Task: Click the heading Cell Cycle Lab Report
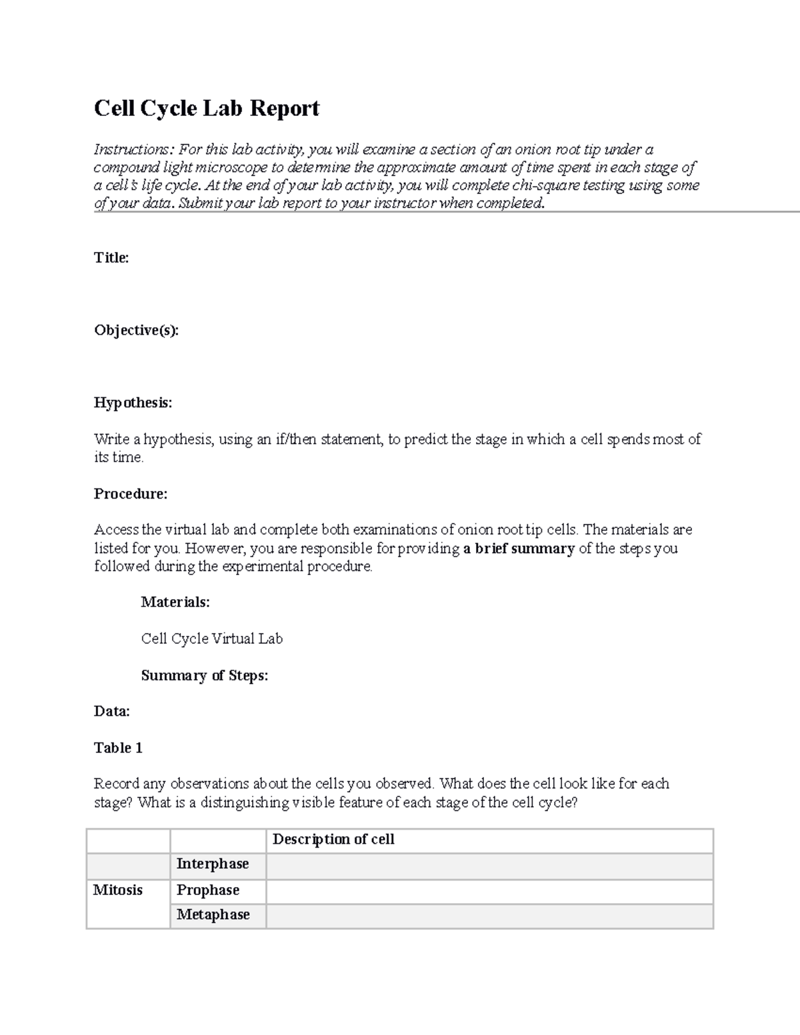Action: pos(207,108)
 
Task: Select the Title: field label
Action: pos(111,258)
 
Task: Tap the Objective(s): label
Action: pos(136,331)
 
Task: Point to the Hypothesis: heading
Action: pos(133,403)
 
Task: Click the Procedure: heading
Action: pos(131,494)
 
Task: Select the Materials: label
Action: pos(175,602)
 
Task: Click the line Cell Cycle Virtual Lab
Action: pos(212,638)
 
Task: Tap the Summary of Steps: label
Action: pos(204,675)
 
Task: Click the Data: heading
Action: pos(111,711)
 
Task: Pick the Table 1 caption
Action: pos(118,748)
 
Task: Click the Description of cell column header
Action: pos(333,840)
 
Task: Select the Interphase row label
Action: pos(212,864)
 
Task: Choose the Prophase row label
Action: pos(207,890)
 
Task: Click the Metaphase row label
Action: pos(213,915)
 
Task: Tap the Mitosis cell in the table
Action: pos(118,890)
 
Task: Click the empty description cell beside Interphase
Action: pos(489,866)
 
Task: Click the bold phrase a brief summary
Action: pos(518,548)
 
